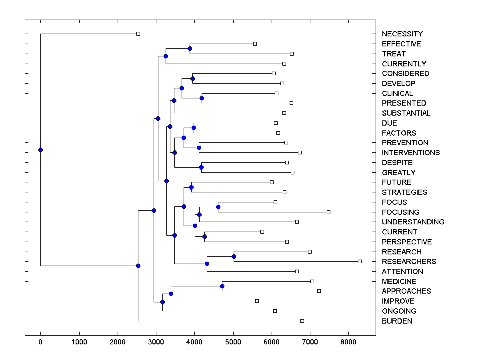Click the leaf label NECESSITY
pos(402,34)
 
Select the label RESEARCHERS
pos(409,262)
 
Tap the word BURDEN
pos(397,321)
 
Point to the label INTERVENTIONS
pos(410,153)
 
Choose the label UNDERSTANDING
pos(413,222)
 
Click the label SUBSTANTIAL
pos(406,113)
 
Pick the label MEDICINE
pos(399,282)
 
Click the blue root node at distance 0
pos(40,150)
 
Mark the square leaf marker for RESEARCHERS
pos(360,261)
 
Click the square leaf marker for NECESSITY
pos(138,34)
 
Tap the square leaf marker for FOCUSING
pos(328,212)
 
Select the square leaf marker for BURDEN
pos(302,321)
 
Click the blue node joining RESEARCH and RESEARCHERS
pos(234,256)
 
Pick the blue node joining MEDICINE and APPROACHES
pos(222,286)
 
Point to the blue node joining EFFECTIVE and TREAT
pos(190,49)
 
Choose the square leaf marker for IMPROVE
pos(257,301)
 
